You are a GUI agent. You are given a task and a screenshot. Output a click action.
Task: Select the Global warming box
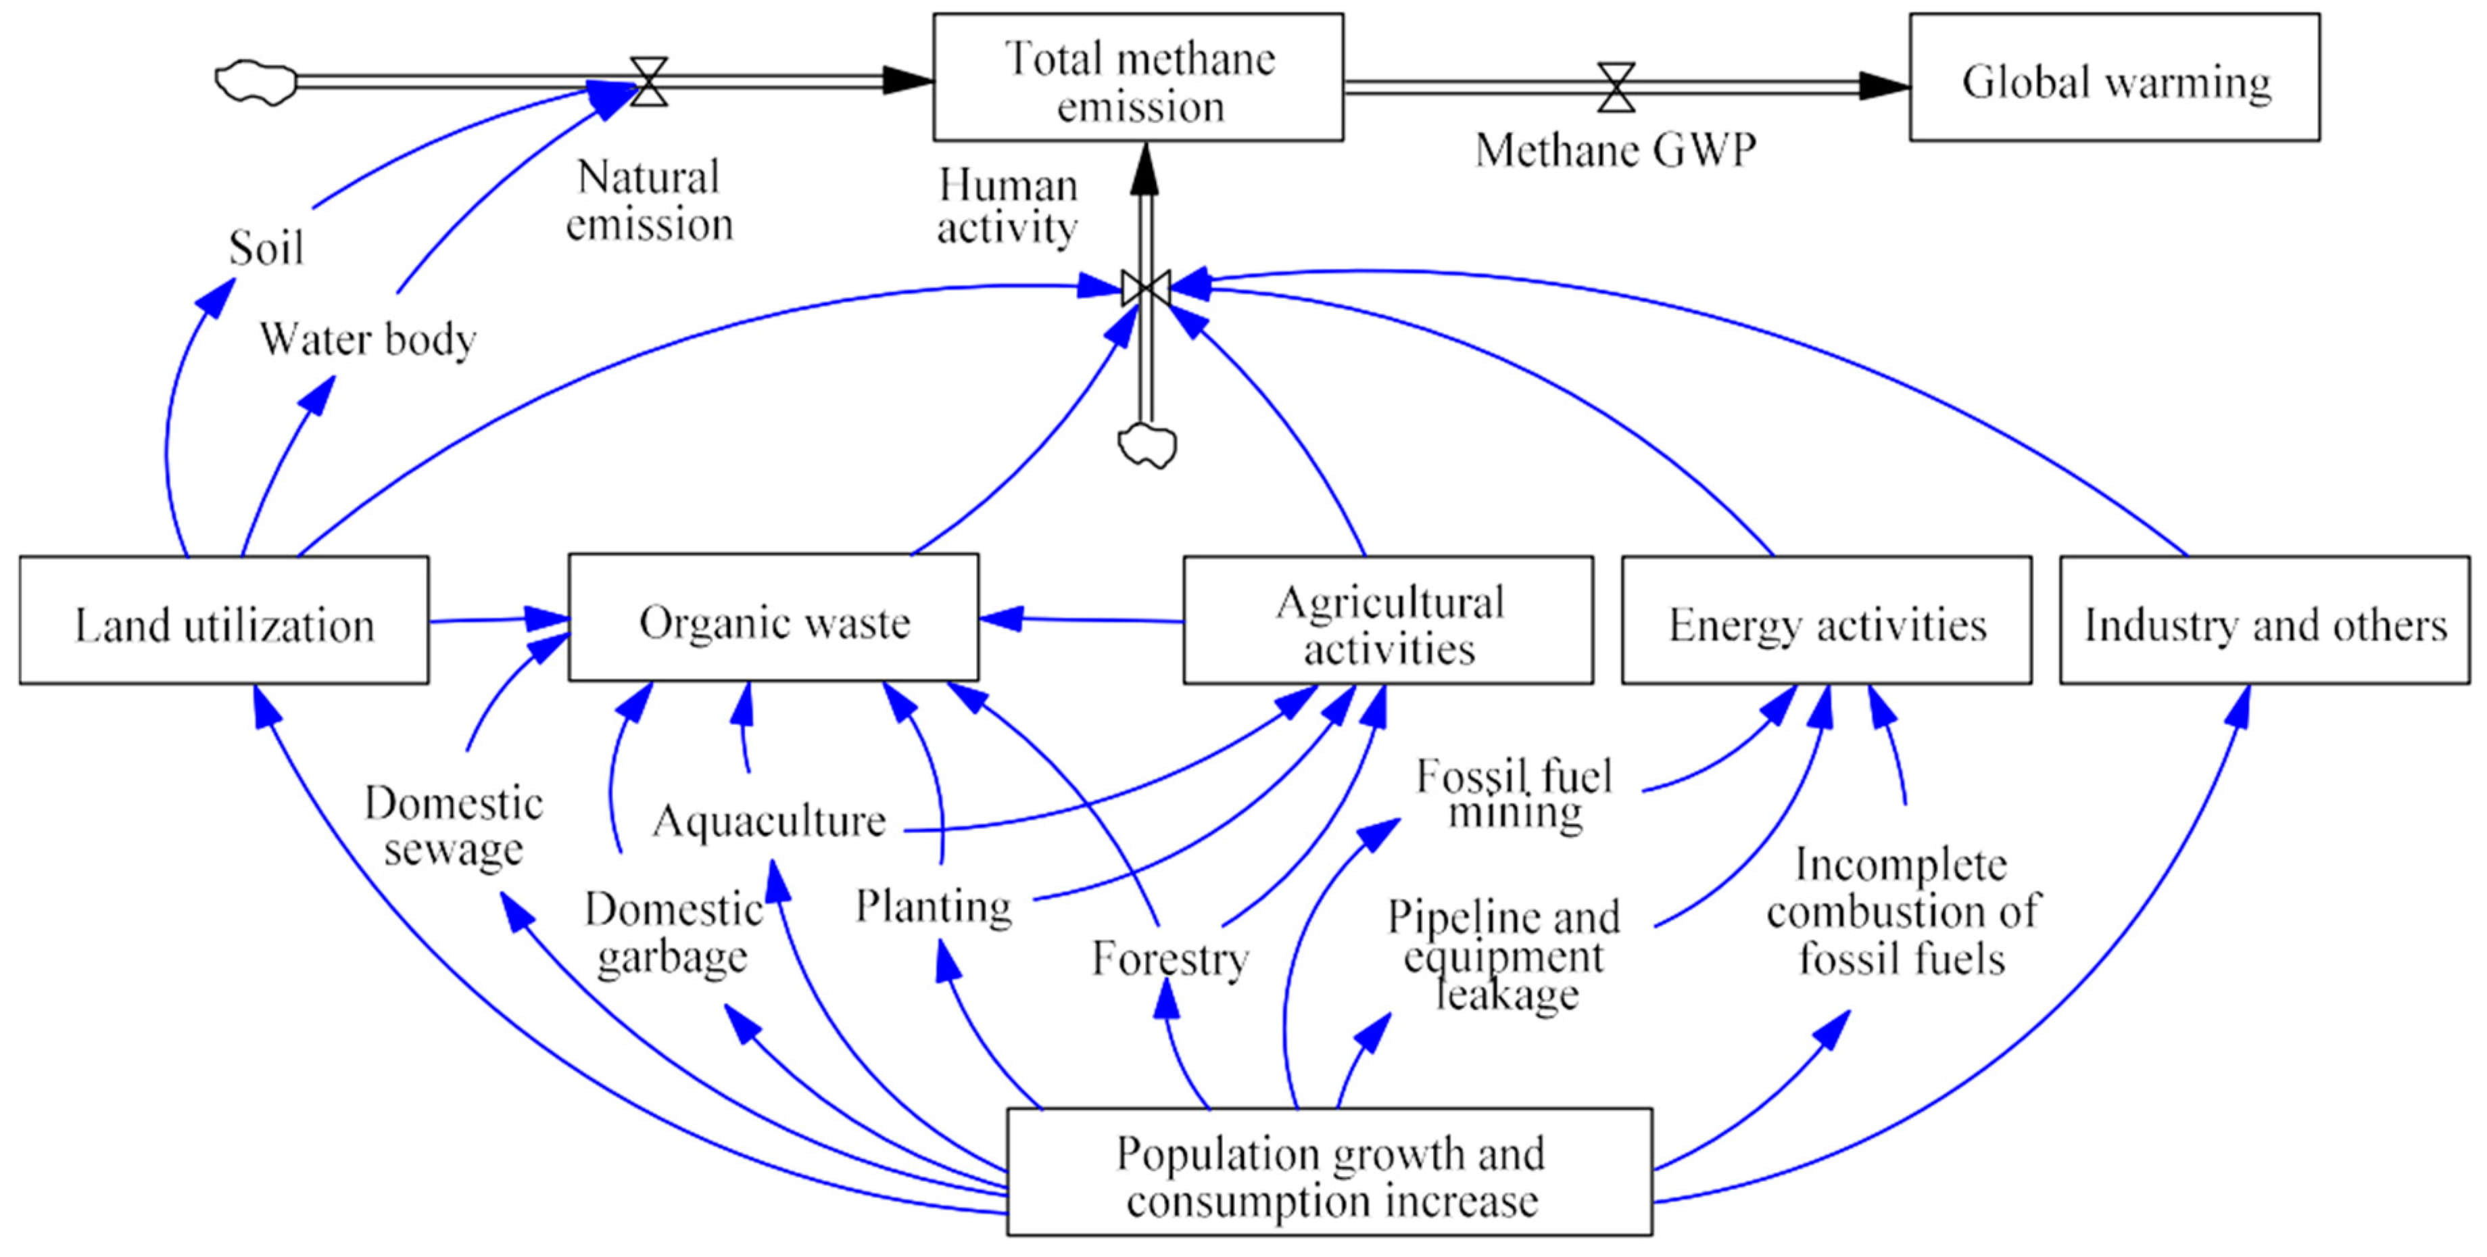pos(2115,77)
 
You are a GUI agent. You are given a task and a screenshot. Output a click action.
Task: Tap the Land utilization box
pos(224,620)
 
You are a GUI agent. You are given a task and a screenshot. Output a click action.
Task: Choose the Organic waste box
pos(773,618)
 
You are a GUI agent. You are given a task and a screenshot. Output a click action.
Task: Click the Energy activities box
pos(1827,620)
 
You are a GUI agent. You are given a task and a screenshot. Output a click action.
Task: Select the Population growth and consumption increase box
pos(1330,1172)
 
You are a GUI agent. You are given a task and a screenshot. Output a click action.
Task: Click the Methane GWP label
pos(1615,149)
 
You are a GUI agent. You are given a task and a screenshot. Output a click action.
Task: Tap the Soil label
pos(266,248)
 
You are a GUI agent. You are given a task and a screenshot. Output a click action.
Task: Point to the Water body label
pos(367,339)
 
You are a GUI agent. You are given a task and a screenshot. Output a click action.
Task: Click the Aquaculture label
pos(769,821)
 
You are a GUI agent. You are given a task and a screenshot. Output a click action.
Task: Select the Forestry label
pos(1170,959)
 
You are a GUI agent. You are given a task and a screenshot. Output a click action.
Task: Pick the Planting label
pos(934,905)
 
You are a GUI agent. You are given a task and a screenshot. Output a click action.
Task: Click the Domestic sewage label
pos(453,826)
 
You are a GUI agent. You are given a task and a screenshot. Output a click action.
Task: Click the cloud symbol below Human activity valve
pos(1147,446)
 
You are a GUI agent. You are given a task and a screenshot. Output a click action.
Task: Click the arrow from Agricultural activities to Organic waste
pos(1082,620)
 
